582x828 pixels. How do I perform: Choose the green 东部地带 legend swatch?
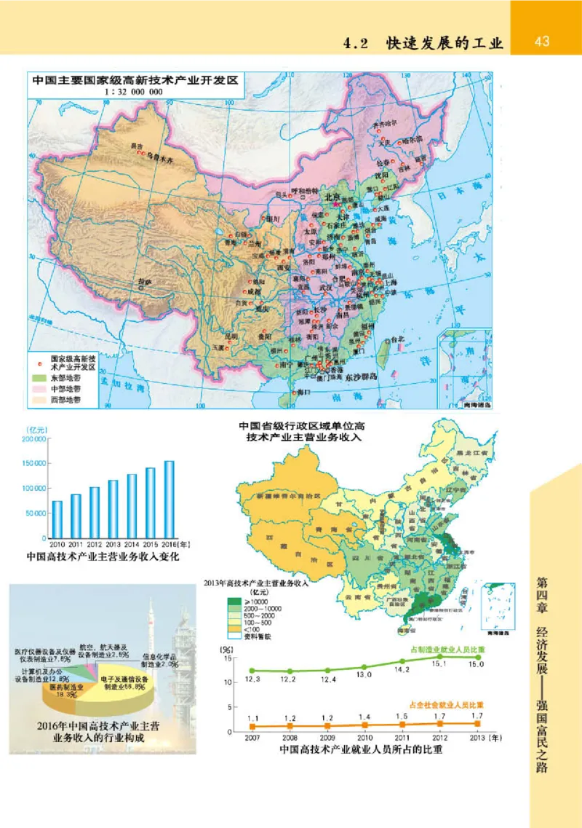tap(39, 379)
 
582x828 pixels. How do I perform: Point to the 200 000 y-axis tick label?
tap(34, 440)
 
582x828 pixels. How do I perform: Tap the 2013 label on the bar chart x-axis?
tap(113, 543)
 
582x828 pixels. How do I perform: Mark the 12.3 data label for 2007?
tap(252, 679)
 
